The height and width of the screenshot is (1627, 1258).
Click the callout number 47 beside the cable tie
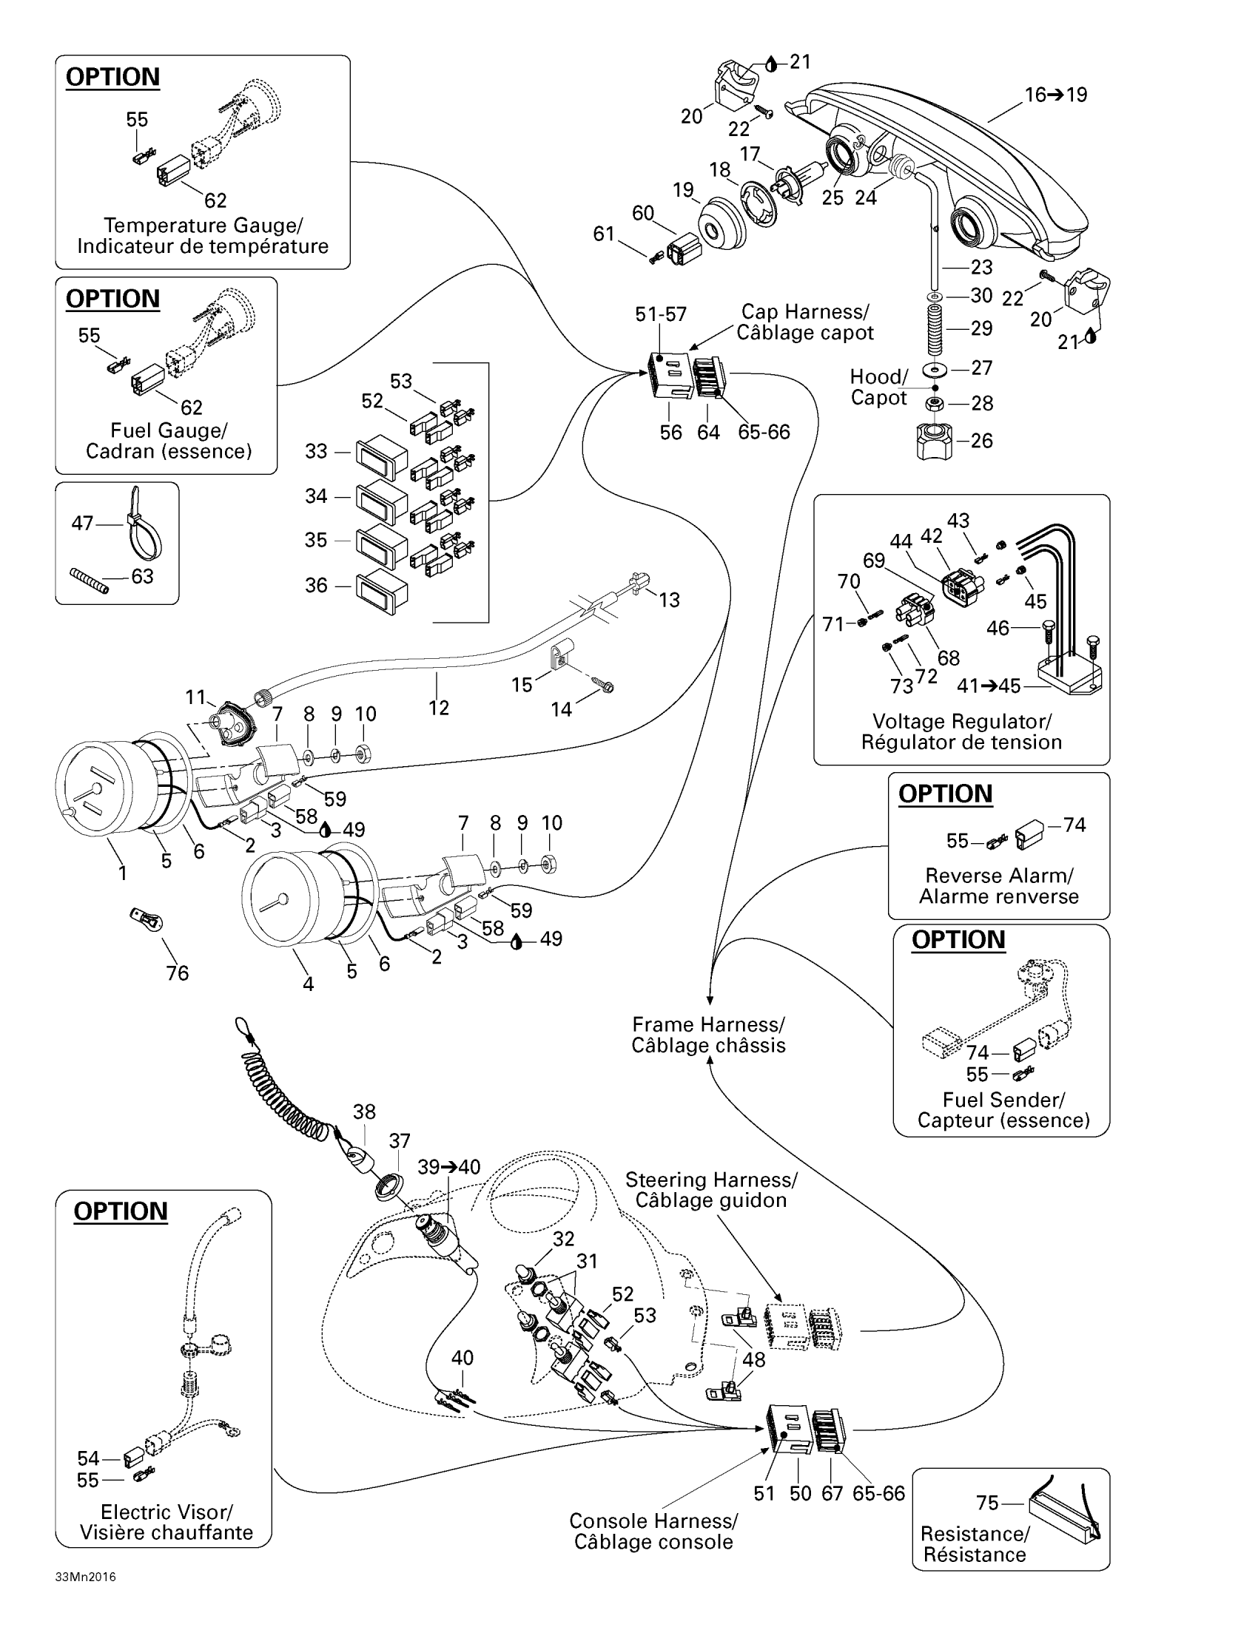(82, 523)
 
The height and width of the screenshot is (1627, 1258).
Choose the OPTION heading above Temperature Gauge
(112, 77)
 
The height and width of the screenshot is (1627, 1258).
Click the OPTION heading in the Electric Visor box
(120, 1211)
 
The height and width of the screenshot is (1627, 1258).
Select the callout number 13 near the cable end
(669, 600)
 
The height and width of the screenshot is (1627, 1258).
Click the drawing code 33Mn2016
(85, 1598)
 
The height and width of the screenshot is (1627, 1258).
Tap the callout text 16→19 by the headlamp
(1056, 95)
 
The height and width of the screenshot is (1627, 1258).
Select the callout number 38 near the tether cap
(363, 1112)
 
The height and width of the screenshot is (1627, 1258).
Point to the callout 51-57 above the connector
(661, 314)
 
